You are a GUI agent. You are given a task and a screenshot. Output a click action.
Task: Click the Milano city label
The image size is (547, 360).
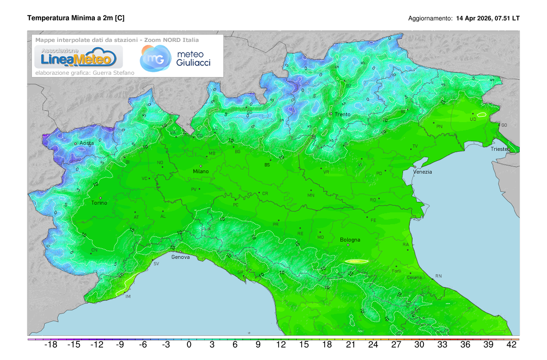(201, 171)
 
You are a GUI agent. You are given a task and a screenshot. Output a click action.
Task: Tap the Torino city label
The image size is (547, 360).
(99, 203)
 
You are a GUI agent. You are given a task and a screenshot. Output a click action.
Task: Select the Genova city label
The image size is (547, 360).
(181, 257)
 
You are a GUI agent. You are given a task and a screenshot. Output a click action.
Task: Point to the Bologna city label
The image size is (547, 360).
(350, 240)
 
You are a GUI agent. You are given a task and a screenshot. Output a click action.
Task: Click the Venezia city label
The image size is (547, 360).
(423, 172)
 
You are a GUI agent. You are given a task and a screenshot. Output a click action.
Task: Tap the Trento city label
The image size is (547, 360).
(342, 114)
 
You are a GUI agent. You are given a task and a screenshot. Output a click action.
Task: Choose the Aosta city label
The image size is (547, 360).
(87, 143)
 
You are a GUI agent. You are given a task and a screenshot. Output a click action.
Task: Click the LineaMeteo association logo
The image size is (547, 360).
(76, 57)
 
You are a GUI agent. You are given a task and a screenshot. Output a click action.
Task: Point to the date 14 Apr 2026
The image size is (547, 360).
(474, 19)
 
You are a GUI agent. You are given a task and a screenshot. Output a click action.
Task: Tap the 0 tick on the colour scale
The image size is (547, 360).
(189, 345)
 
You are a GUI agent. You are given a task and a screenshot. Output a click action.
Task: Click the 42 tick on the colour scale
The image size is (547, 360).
(511, 345)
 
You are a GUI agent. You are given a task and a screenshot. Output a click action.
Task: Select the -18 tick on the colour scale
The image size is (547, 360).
(50, 345)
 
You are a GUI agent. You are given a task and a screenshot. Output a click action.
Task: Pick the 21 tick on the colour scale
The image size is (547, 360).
(350, 345)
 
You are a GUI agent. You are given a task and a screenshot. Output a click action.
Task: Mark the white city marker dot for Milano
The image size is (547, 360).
(201, 166)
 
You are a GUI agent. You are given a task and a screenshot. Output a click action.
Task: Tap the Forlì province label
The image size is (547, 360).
(397, 271)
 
